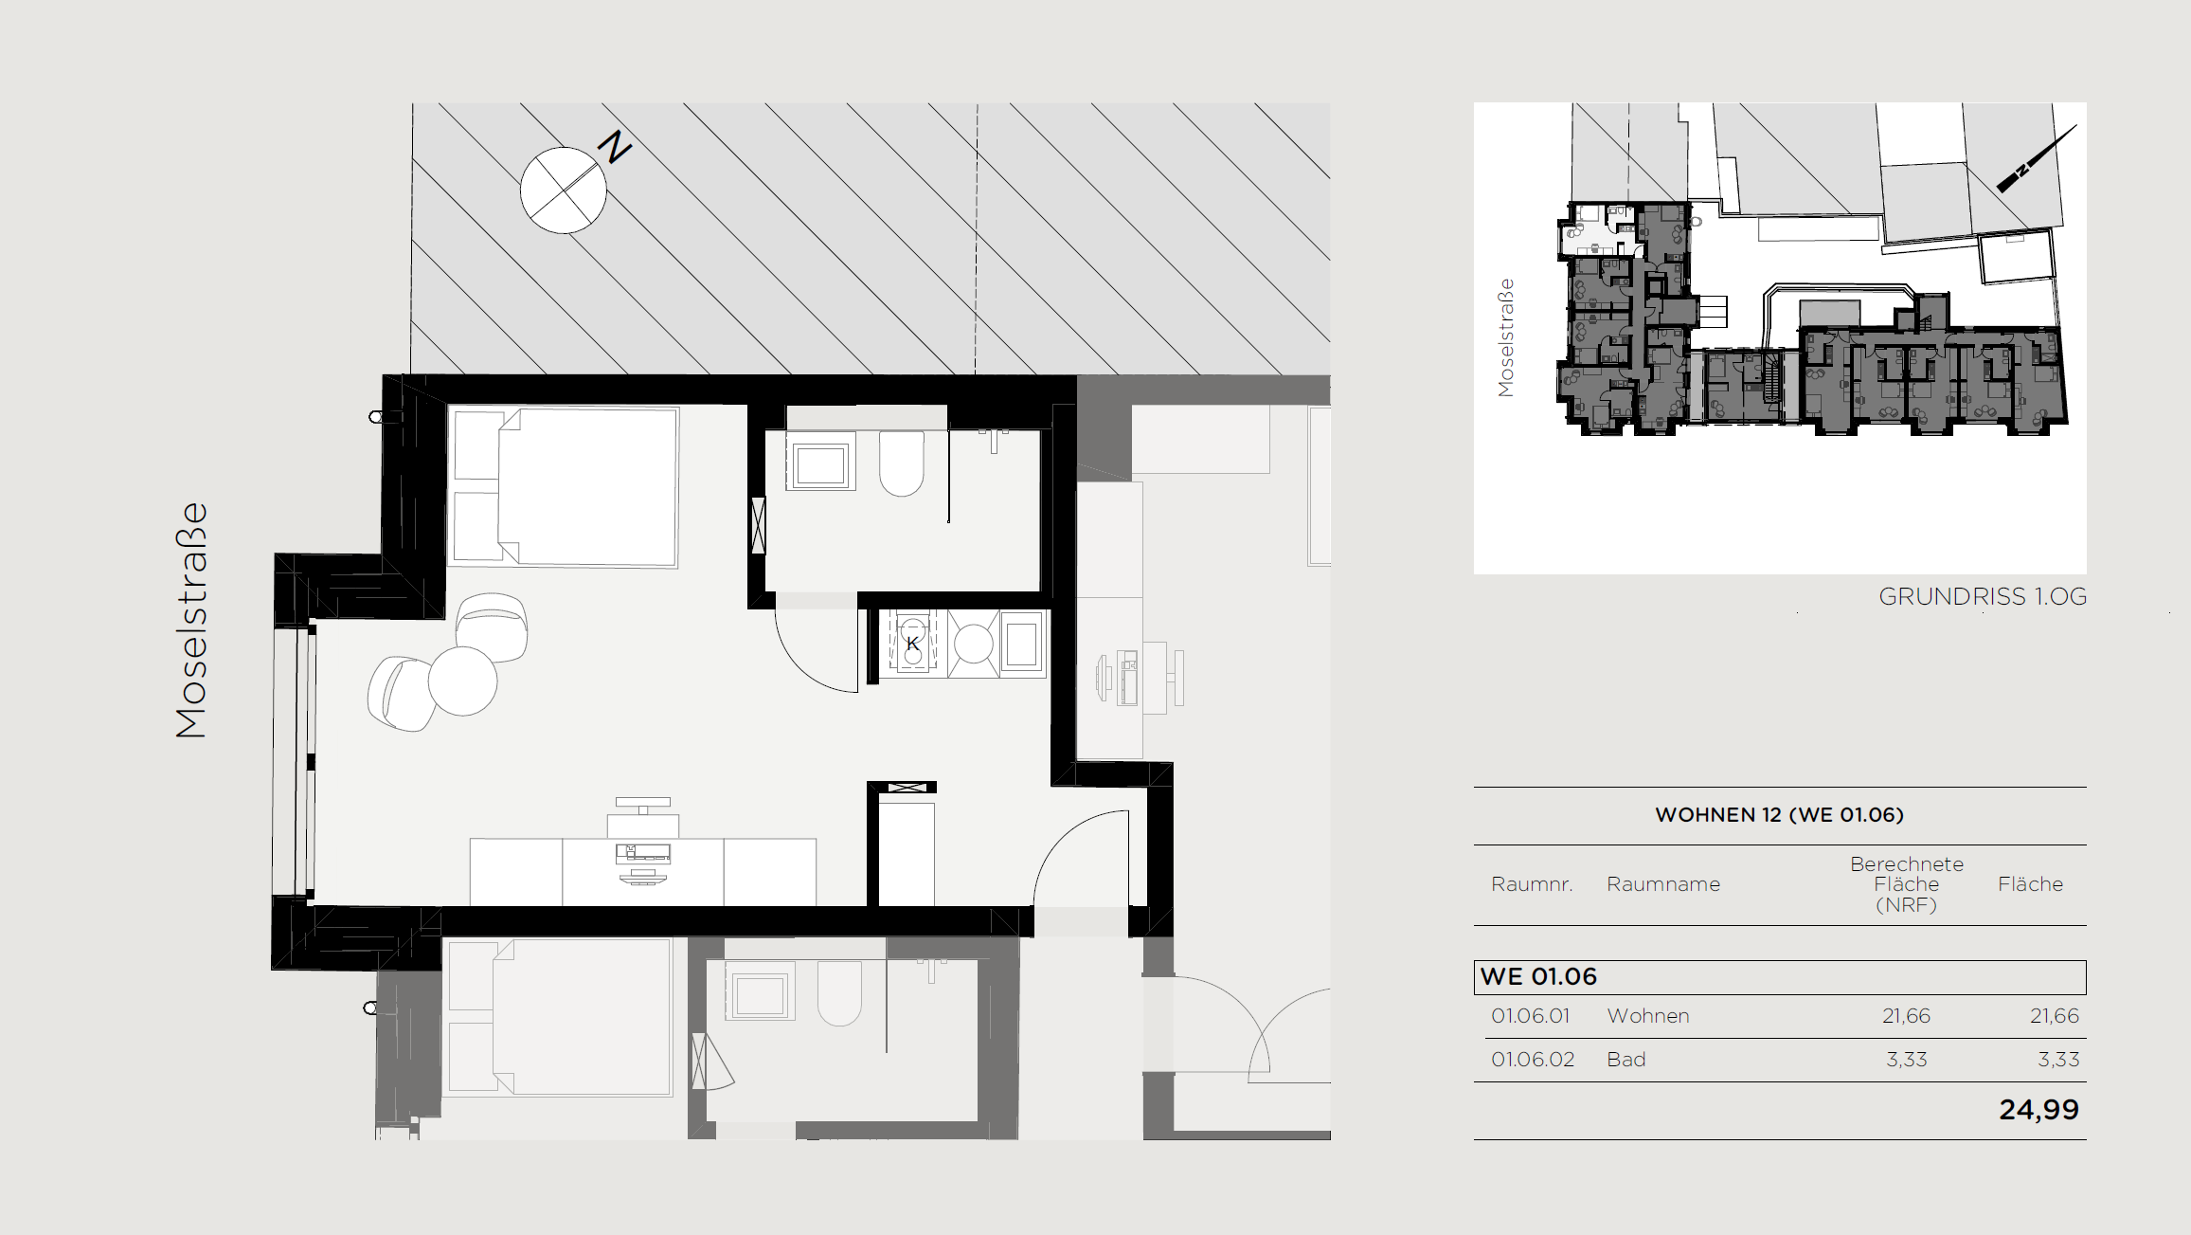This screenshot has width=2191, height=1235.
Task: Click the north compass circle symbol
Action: (564, 190)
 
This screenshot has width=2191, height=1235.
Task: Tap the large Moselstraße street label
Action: (191, 620)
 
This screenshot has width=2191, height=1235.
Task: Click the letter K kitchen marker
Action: (912, 644)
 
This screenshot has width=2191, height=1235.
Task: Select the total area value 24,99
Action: (2038, 1110)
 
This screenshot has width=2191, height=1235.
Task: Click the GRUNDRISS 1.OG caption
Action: (1983, 596)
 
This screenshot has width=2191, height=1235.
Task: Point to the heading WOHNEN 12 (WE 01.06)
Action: (1779, 815)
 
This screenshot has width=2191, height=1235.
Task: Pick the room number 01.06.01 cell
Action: (1531, 1016)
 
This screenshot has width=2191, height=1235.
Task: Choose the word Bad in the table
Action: (1626, 1060)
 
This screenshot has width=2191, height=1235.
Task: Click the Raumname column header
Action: (1663, 884)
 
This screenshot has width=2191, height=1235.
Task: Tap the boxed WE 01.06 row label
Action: (1538, 976)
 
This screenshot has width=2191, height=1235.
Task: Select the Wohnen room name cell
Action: (1648, 1016)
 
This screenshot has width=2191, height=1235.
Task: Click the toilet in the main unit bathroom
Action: (901, 463)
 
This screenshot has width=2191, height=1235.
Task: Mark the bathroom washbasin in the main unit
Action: (820, 462)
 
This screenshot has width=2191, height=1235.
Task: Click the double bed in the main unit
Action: (566, 486)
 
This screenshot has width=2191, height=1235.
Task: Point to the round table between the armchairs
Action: (462, 681)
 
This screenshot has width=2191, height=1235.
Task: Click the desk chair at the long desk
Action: (643, 817)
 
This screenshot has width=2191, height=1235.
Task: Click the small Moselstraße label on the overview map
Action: (1505, 337)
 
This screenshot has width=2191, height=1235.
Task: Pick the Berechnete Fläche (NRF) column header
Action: (1906, 884)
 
